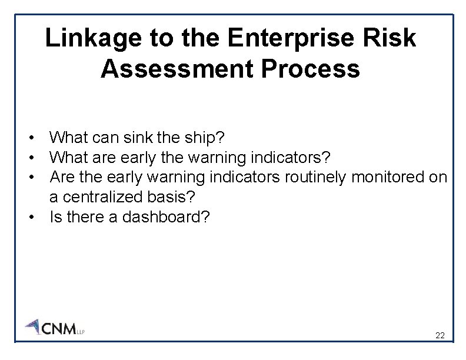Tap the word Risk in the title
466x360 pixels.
tap(390, 39)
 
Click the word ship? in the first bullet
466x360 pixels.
tap(203, 138)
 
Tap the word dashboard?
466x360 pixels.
tap(165, 217)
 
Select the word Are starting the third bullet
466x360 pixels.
tap(62, 177)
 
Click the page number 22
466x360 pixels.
tap(440, 336)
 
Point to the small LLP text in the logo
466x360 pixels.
tap(81, 331)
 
